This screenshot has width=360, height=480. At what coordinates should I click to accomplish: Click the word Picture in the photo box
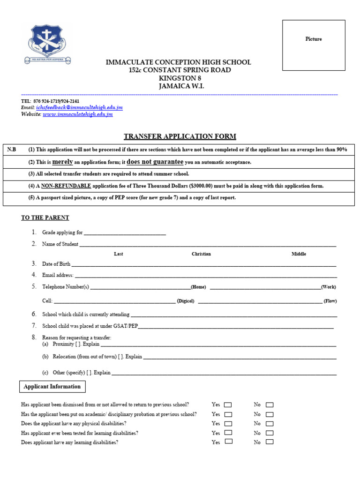pyautogui.click(x=314, y=39)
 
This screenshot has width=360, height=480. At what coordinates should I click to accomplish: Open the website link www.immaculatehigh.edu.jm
pyautogui.click(x=77, y=114)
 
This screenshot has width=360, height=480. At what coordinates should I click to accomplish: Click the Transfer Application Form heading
pyautogui.click(x=180, y=136)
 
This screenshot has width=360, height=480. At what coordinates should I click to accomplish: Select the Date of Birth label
pyautogui.click(x=56, y=264)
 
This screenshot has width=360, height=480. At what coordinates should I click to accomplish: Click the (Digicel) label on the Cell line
pyautogui.click(x=185, y=301)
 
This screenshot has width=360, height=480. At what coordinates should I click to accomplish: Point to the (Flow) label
pyautogui.click(x=330, y=301)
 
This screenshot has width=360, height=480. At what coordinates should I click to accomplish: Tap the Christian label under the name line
pyautogui.click(x=201, y=254)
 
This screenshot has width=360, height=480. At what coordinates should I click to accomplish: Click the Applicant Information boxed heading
pyautogui.click(x=52, y=387)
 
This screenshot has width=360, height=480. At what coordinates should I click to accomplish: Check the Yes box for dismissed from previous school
pyautogui.click(x=228, y=405)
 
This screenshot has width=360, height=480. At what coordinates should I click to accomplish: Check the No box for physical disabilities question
pyautogui.click(x=270, y=424)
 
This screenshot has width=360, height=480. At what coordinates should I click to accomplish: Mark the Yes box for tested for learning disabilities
pyautogui.click(x=228, y=433)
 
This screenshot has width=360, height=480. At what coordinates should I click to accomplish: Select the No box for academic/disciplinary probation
pyautogui.click(x=270, y=414)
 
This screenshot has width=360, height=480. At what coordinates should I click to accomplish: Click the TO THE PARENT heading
pyautogui.click(x=45, y=218)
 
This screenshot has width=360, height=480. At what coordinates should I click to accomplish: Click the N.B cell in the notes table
pyautogui.click(x=12, y=150)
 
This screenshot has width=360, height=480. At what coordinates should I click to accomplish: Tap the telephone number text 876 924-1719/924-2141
pyautogui.click(x=56, y=101)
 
